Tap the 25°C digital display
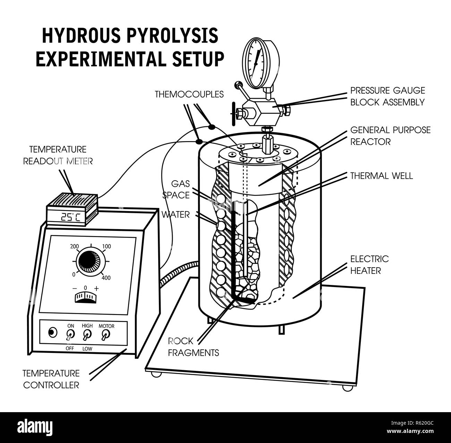coord(70,217)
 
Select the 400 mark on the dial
coord(106,278)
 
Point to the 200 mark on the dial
coord(75,247)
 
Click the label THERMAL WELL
coord(381,176)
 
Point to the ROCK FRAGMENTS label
coord(193,347)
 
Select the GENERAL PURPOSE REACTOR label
coord(390,136)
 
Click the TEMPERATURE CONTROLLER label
coord(51,379)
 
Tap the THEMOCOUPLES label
coord(189,94)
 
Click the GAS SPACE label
coord(180,189)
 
